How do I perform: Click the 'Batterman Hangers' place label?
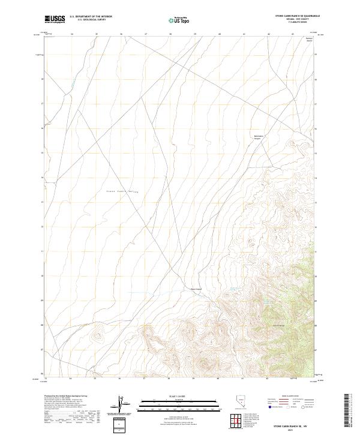pyautogui.click(x=257, y=137)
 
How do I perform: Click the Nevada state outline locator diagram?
pyautogui.click(x=257, y=406)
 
